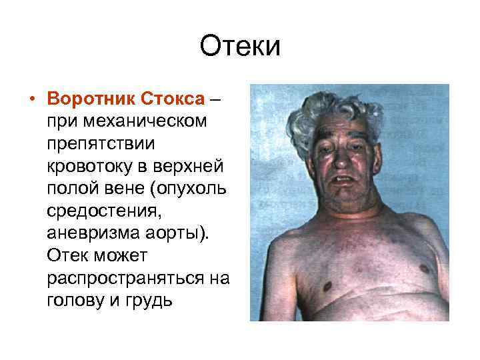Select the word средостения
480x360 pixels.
96,209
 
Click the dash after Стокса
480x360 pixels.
215,99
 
